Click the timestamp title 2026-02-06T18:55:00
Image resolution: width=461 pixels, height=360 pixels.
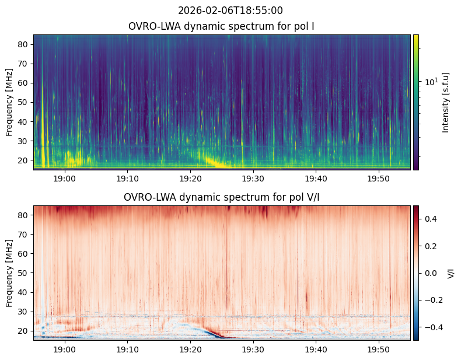[230, 11]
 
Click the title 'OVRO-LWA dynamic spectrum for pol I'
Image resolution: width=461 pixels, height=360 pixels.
[221, 26]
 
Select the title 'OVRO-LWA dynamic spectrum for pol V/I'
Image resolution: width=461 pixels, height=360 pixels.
[221, 197]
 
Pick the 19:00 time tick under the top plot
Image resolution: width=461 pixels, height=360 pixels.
[65, 179]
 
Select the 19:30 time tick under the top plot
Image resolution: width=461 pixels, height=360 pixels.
[253, 179]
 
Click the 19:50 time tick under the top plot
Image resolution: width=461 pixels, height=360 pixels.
[379, 179]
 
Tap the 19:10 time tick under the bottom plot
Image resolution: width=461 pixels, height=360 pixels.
[128, 349]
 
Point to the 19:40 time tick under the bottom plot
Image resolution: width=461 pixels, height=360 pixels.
[316, 349]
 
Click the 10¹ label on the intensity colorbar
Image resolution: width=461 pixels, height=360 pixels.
[431, 82]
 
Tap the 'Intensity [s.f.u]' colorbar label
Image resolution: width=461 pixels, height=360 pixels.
[446, 103]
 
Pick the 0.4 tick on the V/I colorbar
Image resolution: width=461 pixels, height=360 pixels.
[431, 219]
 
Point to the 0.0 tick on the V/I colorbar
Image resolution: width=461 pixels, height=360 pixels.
[431, 273]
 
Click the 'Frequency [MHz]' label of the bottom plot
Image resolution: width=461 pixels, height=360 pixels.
[9, 273]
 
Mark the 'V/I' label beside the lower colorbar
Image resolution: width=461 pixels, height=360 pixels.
[450, 273]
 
